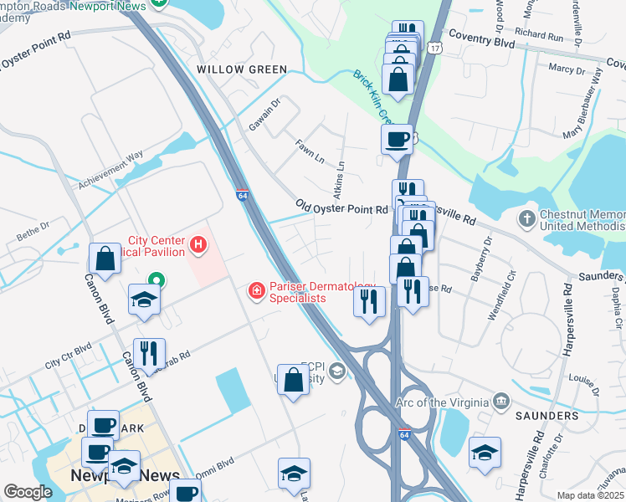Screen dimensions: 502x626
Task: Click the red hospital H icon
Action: [x=198, y=245]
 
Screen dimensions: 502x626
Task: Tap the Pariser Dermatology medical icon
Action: [x=257, y=290]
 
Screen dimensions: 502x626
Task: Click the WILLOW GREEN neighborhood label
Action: [x=241, y=69]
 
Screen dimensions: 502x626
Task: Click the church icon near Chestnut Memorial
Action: [x=526, y=219]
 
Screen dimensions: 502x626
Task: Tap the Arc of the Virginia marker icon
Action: [x=500, y=402]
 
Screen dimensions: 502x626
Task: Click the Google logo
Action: [x=28, y=492]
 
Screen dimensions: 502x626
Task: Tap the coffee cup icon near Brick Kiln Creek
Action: [x=397, y=139]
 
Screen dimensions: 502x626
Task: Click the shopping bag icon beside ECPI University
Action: [x=294, y=379]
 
